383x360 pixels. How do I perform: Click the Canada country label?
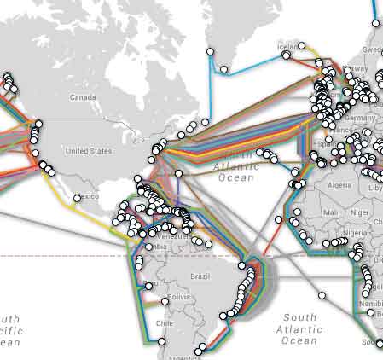point(83,97)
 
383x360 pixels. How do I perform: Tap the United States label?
point(89,151)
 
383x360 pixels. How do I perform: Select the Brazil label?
point(200,277)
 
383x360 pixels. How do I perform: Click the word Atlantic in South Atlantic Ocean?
point(299,328)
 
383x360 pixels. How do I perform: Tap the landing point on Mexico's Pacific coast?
point(78,198)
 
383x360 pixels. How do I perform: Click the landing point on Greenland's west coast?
point(210,53)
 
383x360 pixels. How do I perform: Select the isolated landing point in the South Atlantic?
point(322,296)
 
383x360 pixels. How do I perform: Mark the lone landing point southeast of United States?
point(178,173)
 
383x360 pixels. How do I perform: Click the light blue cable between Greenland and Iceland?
point(256,63)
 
